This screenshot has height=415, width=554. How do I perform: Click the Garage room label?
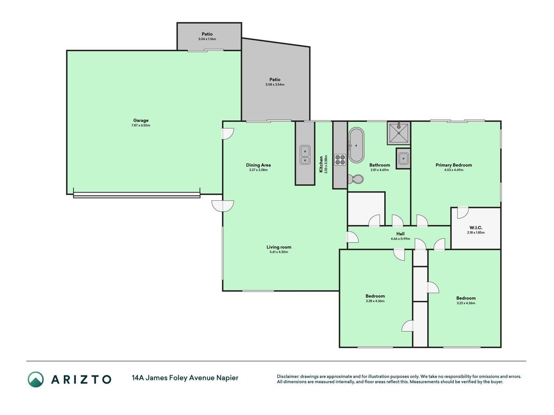pos(141,120)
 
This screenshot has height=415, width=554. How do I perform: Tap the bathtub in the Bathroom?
pos(356,145)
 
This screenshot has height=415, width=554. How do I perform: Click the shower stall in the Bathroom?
pos(399,133)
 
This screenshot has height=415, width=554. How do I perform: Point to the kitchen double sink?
pos(305,155)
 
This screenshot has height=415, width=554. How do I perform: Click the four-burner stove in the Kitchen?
pos(340,160)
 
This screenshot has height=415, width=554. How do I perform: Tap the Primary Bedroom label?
pos(454,165)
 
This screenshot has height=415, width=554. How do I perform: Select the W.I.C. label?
pos(476,228)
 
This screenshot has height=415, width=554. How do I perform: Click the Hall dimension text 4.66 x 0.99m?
pos(400,239)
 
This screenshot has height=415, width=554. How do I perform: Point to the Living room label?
pos(279,247)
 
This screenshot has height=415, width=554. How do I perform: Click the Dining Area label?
pos(258,165)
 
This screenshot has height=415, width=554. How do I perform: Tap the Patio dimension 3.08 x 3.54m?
pos(275,85)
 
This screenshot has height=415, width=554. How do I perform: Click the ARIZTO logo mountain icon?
pos(36,379)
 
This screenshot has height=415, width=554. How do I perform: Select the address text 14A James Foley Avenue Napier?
pos(185,378)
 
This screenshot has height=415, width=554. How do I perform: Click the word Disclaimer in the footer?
pos(288,377)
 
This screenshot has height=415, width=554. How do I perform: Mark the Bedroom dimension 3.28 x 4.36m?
pos(375,301)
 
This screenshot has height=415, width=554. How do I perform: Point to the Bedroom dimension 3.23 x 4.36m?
pos(466,303)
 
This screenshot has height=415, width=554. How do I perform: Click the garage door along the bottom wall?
pos(137,195)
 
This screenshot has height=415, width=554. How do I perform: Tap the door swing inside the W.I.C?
pos(463,213)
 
